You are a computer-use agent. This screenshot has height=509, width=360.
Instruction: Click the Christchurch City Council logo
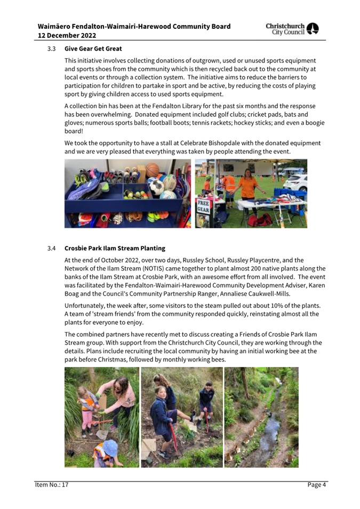click(x=292, y=29)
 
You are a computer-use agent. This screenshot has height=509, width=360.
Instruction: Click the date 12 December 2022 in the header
click(x=67, y=35)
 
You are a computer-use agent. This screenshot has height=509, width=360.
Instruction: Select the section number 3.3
click(x=51, y=49)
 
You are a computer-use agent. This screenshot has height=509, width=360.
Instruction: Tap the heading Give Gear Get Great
click(x=93, y=49)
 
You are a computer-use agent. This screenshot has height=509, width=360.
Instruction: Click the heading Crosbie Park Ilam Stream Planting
click(x=115, y=248)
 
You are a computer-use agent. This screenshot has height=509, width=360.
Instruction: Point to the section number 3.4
click(x=51, y=248)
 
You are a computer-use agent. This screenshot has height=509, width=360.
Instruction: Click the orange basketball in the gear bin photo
click(x=152, y=170)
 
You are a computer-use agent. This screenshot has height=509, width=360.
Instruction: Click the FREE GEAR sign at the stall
click(x=204, y=206)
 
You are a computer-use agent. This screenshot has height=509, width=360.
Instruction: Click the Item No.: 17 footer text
click(x=52, y=484)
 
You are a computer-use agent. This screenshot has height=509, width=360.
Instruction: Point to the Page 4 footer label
click(x=316, y=484)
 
